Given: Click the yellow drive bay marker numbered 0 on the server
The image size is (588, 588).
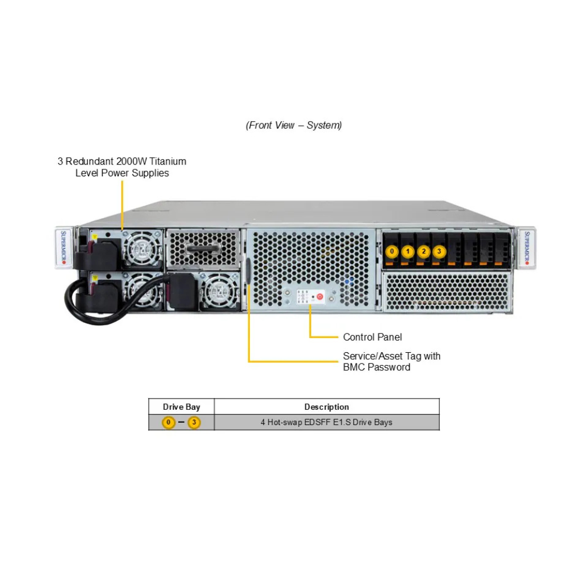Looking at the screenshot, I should click(x=392, y=252).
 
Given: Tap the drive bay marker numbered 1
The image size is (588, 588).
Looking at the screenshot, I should click(x=408, y=252).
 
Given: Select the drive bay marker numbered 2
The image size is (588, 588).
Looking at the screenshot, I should click(x=424, y=252).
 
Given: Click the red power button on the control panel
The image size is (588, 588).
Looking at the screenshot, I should click(x=320, y=297).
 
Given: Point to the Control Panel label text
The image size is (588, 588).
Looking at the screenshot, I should click(x=372, y=337).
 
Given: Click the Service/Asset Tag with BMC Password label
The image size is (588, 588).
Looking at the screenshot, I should click(x=391, y=362).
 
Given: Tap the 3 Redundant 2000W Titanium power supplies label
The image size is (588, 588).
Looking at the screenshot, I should click(x=122, y=167).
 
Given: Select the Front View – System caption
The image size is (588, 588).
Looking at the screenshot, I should click(x=293, y=125).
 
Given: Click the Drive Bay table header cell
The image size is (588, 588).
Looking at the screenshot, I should click(x=181, y=407).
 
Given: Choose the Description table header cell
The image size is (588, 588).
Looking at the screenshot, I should click(x=326, y=407).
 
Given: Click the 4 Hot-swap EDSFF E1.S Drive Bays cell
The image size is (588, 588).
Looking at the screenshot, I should click(x=326, y=422).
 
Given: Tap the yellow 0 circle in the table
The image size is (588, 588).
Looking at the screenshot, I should click(x=169, y=422).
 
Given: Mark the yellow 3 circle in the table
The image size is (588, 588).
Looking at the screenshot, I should click(x=194, y=422).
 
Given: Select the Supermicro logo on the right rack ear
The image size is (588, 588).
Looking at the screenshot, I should click(x=527, y=248).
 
